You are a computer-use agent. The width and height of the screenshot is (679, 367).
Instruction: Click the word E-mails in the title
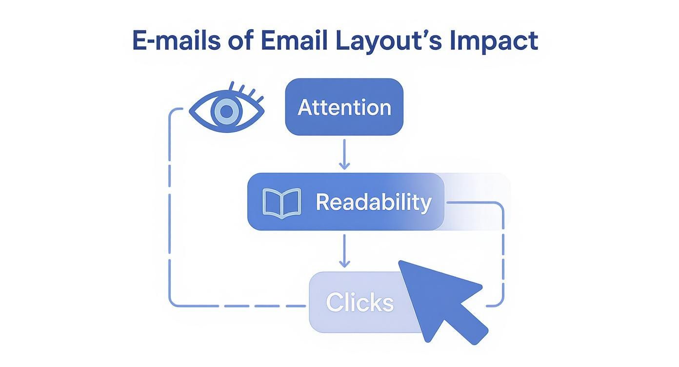[175, 41]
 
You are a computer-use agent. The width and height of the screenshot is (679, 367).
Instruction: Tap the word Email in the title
[294, 41]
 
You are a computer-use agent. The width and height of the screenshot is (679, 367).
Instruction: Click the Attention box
[344, 107]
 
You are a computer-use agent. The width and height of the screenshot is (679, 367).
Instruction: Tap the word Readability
[373, 202]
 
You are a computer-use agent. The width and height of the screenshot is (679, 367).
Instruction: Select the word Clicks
[359, 303]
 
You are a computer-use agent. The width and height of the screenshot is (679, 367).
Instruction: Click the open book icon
[281, 203]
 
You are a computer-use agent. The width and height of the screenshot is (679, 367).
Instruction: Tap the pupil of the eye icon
[225, 112]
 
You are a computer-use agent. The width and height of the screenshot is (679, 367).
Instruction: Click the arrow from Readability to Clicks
[344, 251]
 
